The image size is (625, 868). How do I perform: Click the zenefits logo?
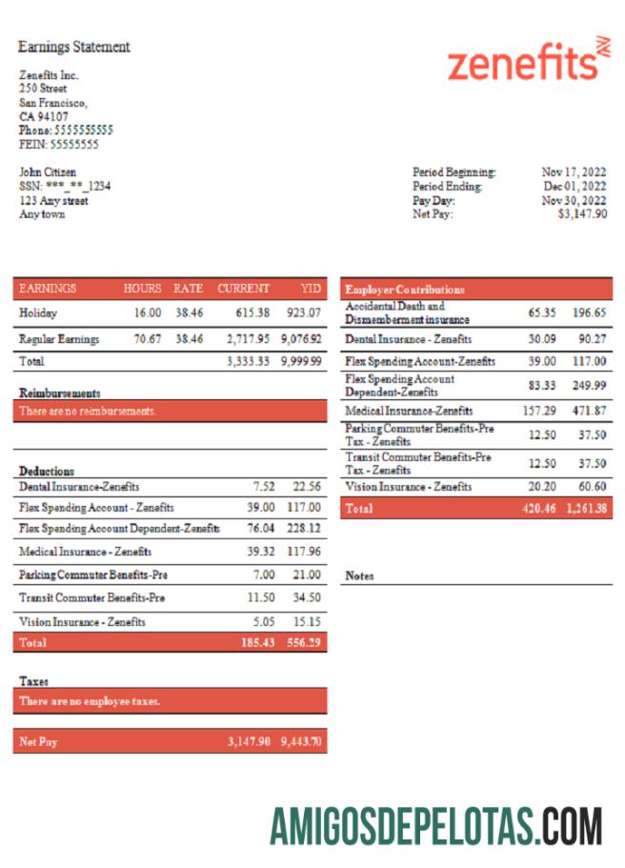point(527,62)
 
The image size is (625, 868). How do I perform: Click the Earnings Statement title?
point(74,47)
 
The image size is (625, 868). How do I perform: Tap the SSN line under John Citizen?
point(65,187)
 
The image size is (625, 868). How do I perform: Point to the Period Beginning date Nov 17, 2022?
point(574,172)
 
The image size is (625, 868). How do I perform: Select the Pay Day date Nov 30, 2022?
point(574,201)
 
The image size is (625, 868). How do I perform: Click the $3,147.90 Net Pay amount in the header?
point(581,214)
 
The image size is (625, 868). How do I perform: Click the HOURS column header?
point(142,288)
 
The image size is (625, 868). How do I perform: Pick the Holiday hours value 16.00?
point(148,313)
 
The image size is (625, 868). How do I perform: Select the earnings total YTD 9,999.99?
point(301,362)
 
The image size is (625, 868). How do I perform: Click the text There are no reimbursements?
point(88,411)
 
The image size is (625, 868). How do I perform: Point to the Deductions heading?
point(47,471)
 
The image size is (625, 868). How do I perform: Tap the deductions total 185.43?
point(257,643)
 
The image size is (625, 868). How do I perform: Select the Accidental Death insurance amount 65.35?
point(542,313)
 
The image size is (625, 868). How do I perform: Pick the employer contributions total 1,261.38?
point(585,510)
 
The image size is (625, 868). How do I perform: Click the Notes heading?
point(359,575)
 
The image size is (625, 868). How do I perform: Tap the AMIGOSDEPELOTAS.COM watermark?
point(435,825)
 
